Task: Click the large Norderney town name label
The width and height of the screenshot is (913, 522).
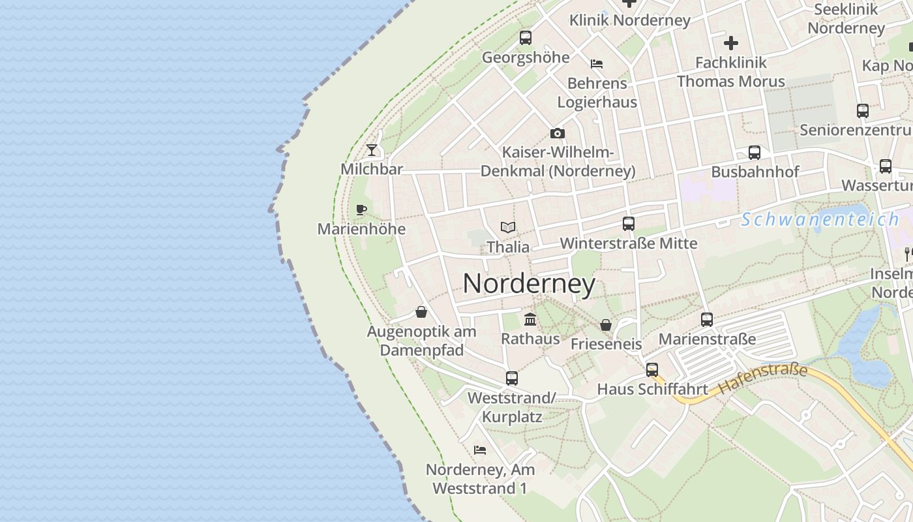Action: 529,284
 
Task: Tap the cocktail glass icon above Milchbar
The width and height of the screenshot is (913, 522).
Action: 372,150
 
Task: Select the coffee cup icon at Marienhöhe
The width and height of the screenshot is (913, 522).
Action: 361,209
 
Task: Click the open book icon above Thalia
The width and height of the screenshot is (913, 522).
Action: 508,227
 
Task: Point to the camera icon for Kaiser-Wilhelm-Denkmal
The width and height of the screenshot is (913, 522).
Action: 558,133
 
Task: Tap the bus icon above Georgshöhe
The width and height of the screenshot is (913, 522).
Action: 526,38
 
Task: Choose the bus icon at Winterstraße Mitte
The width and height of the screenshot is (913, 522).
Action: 629,224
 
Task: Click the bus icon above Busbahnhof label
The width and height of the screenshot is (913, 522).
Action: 755,153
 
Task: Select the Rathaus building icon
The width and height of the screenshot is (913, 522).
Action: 530,320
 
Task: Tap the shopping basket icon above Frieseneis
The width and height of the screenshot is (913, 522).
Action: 606,324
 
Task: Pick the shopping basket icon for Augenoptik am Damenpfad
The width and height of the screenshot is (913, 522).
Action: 421,312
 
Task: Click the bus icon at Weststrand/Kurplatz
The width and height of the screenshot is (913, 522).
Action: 512,378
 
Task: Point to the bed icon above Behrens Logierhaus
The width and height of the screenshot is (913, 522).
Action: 597,64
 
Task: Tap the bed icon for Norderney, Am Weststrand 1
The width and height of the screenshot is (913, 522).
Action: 480,450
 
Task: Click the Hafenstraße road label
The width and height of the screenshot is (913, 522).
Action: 762,380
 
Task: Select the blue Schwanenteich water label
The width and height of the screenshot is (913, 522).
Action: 820,219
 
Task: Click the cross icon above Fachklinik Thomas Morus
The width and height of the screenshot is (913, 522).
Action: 731,43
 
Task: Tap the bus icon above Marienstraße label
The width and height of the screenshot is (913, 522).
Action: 707,320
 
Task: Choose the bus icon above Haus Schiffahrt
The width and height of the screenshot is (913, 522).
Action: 652,370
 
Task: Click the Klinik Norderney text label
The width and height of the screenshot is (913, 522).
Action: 629,20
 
